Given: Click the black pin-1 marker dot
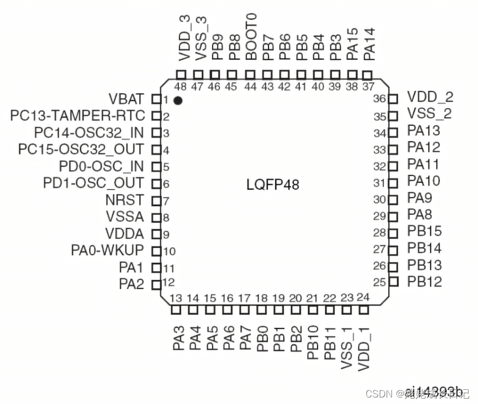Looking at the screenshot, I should [x=177, y=101].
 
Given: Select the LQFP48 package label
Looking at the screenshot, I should [x=273, y=185].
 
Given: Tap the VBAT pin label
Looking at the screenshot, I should [x=126, y=99].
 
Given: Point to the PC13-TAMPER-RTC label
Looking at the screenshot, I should [x=77, y=116].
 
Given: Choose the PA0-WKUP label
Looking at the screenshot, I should [x=107, y=251].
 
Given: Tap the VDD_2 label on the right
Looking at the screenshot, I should [x=430, y=97].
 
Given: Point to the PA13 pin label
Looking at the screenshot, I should [x=424, y=130].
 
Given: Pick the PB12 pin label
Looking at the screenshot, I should [x=424, y=282].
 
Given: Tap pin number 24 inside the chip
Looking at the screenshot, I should [x=363, y=297].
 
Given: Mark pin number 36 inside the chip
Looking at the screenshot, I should [x=379, y=99].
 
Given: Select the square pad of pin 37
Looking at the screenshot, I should [x=368, y=74].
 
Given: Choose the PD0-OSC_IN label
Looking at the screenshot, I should [x=101, y=166].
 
